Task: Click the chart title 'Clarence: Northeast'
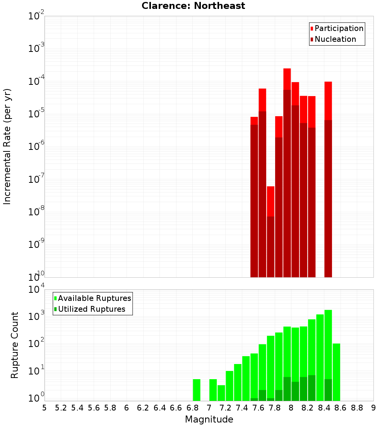[x=193, y=6]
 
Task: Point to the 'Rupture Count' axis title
[x=15, y=345]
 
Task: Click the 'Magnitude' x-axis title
[x=209, y=419]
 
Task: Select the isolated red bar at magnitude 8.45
[x=328, y=178]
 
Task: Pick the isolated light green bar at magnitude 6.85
[x=197, y=390]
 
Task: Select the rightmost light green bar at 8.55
[x=336, y=372]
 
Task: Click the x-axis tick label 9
[x=373, y=408]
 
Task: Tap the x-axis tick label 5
[x=45, y=408]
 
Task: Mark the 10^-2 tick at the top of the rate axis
[x=36, y=16]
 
